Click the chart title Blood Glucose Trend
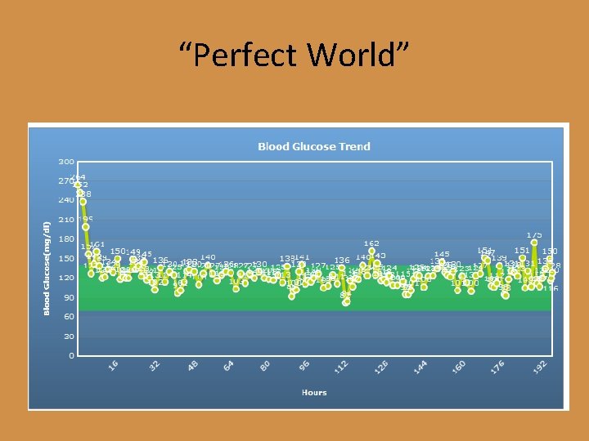[314, 146]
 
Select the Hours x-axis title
[314, 392]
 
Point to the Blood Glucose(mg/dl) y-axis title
[47, 266]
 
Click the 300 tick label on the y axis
[66, 161]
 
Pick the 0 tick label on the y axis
[71, 355]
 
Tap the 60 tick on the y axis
[69, 316]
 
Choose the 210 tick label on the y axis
[66, 219]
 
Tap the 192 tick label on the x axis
[539, 370]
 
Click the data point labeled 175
[534, 243]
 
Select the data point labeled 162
[371, 252]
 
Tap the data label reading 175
[534, 234]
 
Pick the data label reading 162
[371, 243]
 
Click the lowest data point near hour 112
[346, 302]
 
